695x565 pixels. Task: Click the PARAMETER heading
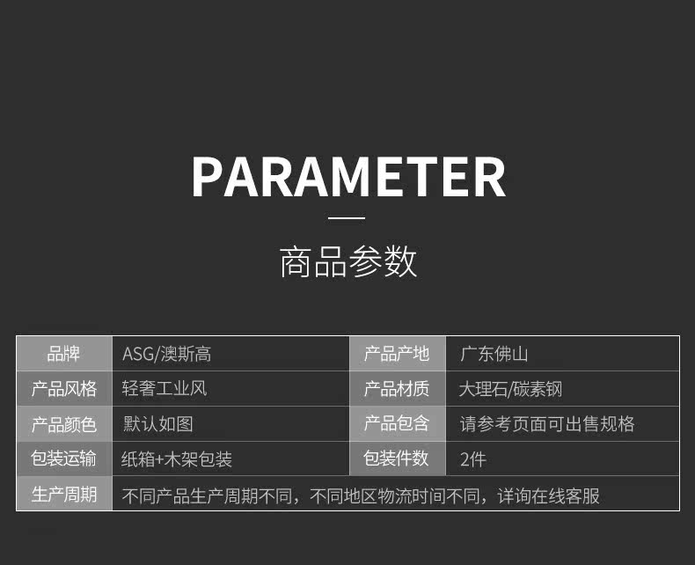click(x=348, y=177)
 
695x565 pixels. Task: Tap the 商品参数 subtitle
click(x=348, y=261)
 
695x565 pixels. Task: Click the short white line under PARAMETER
click(x=347, y=217)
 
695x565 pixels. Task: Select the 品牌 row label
click(x=64, y=354)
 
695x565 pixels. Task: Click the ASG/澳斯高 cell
click(x=166, y=355)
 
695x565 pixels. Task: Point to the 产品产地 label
click(x=397, y=354)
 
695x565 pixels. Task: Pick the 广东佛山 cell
click(x=494, y=354)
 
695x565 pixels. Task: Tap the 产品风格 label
click(x=64, y=389)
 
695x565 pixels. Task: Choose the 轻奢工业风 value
click(x=165, y=388)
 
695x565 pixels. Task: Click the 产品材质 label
click(x=397, y=389)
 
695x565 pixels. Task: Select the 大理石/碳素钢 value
click(x=510, y=389)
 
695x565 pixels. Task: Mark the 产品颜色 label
click(x=64, y=424)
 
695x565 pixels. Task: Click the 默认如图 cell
click(x=157, y=424)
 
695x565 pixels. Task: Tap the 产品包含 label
click(x=397, y=423)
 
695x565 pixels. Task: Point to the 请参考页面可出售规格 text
click(x=547, y=424)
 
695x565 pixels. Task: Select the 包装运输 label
click(x=63, y=459)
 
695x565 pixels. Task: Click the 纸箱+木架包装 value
click(x=177, y=459)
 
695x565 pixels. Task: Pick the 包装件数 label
click(x=396, y=459)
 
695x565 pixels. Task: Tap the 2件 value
click(x=473, y=459)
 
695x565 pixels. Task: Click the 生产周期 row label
click(x=64, y=495)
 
